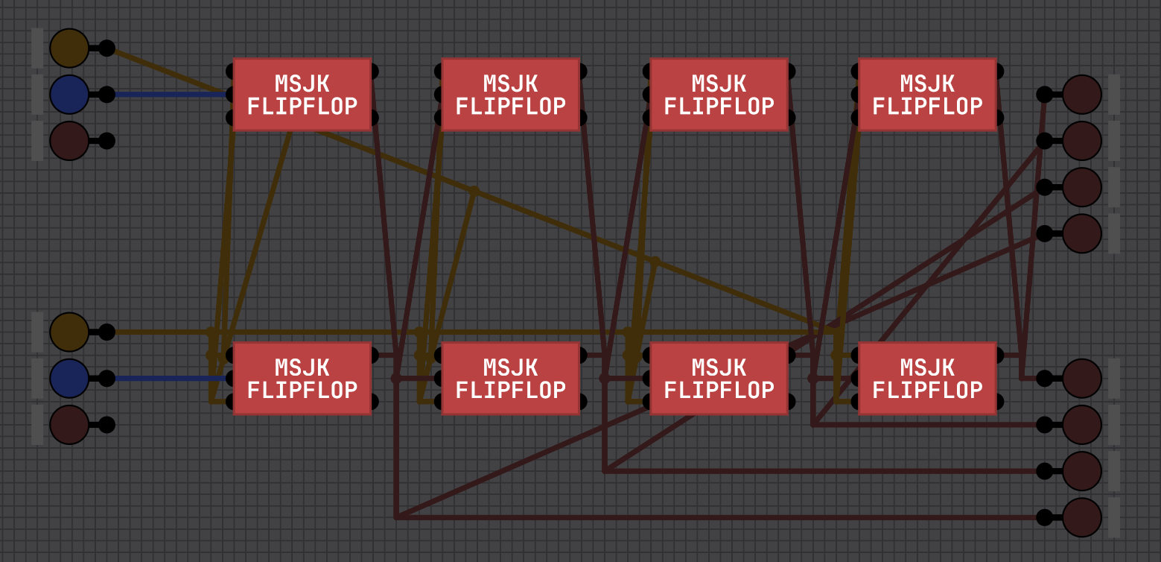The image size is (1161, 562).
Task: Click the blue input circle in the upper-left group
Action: pos(69,95)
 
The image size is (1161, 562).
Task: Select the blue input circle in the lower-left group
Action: pos(69,379)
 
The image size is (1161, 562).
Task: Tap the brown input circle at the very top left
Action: pos(69,48)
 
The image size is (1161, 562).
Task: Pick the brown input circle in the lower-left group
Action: pos(69,332)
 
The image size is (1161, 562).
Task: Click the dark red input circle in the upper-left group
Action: pos(69,141)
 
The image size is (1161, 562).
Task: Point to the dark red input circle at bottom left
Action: pos(69,425)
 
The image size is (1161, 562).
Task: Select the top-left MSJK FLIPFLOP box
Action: pos(302,95)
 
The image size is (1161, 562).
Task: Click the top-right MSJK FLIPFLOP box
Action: pos(927,95)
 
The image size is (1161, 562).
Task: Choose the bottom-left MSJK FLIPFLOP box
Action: pos(302,379)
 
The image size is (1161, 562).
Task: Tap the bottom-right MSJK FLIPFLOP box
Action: pos(927,379)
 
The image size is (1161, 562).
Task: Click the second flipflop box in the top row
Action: pos(511,95)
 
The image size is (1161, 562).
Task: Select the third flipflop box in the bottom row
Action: pos(719,379)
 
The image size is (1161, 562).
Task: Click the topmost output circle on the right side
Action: pos(1082,95)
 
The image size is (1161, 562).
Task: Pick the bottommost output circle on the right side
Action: pos(1082,517)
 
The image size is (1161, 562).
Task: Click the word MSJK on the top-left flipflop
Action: pos(302,83)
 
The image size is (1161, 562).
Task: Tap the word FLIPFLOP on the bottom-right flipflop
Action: pos(927,390)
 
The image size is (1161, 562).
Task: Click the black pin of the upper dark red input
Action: pos(106,141)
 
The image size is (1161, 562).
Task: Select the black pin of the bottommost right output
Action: pos(1044,517)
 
